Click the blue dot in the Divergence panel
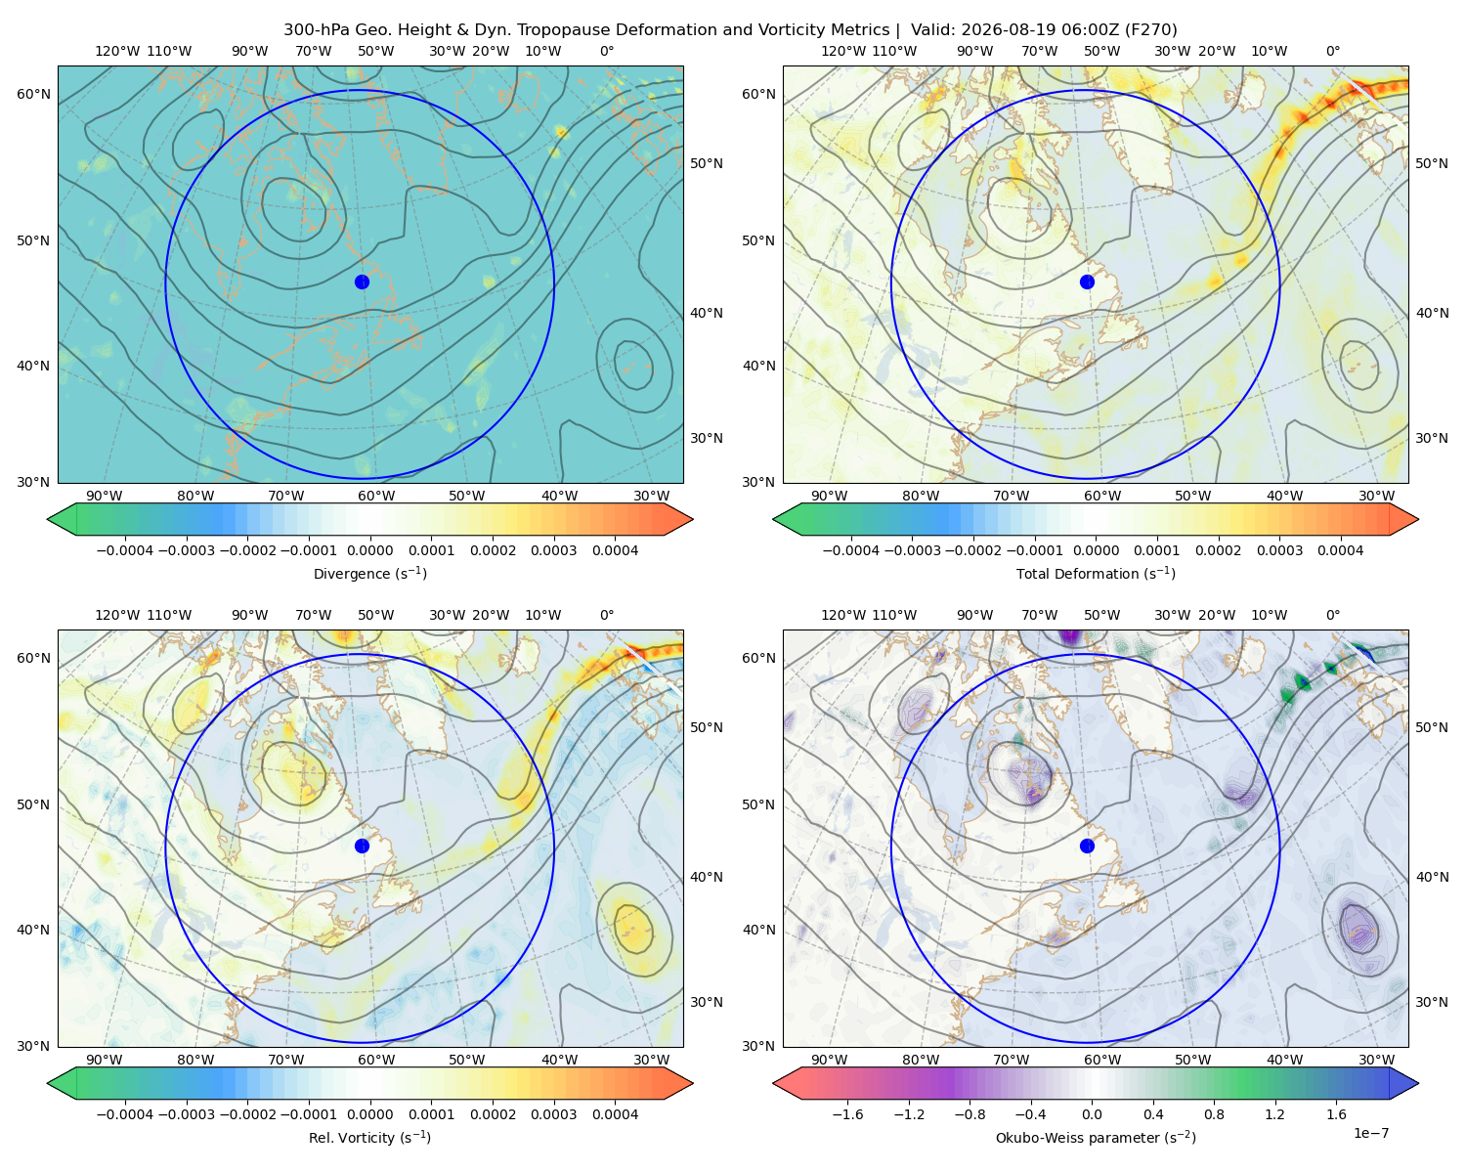[x=362, y=282]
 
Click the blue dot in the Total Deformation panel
[x=1087, y=282]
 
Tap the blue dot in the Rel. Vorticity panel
[x=362, y=846]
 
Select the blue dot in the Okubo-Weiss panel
[x=1087, y=846]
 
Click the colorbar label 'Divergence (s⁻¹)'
[x=369, y=573]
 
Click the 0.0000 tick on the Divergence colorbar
[x=369, y=550]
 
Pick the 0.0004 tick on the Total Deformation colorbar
[x=1340, y=550]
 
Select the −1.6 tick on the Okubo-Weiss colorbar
[x=847, y=1113]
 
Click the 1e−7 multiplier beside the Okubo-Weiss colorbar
[x=1370, y=1133]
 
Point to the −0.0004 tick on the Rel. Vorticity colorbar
[x=125, y=1113]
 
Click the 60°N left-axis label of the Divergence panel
[x=33, y=94]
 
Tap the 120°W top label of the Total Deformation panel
[x=842, y=51]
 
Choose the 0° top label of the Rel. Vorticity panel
[x=607, y=615]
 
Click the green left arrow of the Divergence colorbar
[x=62, y=519]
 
